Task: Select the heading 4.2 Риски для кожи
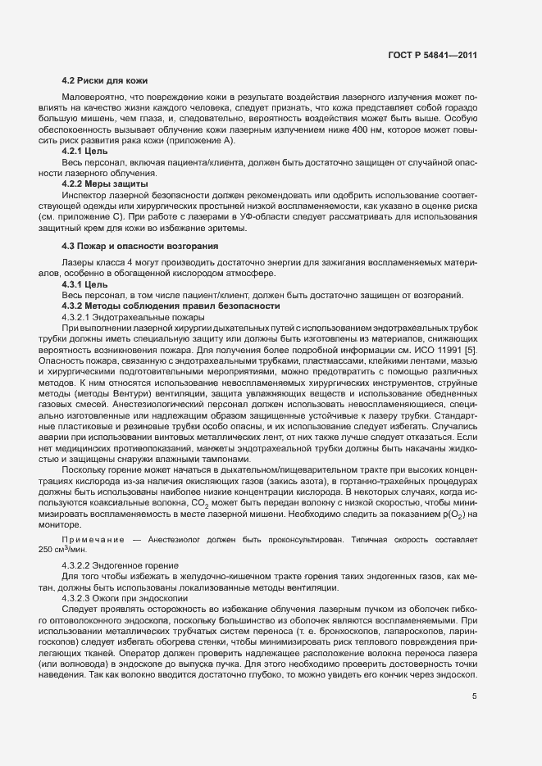(x=104, y=81)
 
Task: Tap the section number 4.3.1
(x=75, y=284)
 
